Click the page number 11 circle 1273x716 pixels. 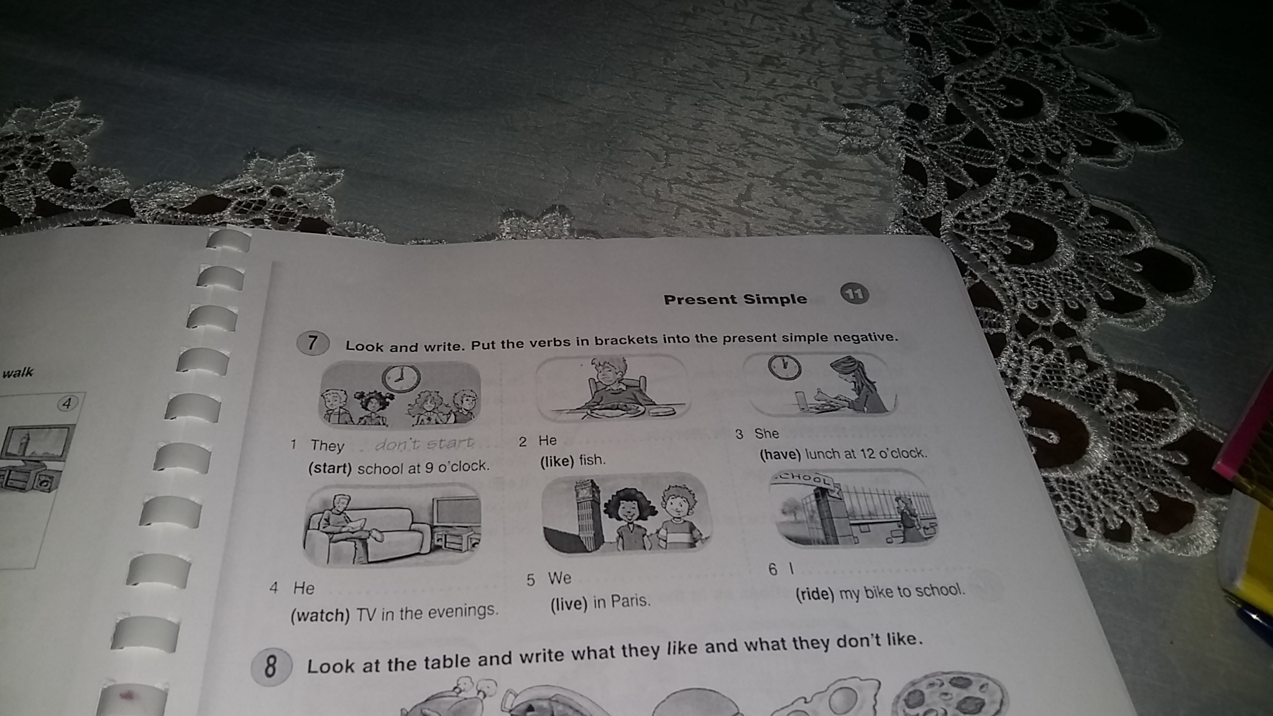coord(855,293)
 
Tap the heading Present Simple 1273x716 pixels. coord(735,299)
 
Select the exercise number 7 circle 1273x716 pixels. coord(312,342)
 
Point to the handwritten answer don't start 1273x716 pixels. coord(425,444)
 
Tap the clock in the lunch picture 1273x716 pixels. coord(784,367)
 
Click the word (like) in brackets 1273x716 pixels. coord(556,461)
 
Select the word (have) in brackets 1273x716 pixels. coord(780,455)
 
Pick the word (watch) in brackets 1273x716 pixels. coord(320,615)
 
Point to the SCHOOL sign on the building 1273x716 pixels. coord(803,479)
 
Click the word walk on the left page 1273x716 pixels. coord(17,373)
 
